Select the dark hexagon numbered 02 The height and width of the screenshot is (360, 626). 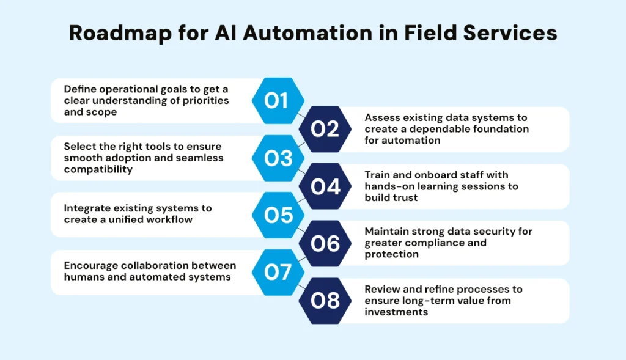[325, 129]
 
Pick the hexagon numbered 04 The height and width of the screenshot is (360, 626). [325, 186]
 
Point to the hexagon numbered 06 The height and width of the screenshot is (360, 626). [325, 243]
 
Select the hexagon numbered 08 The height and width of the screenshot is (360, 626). [325, 301]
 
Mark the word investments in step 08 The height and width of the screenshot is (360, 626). [396, 312]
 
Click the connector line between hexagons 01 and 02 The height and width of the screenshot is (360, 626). [301, 114]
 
